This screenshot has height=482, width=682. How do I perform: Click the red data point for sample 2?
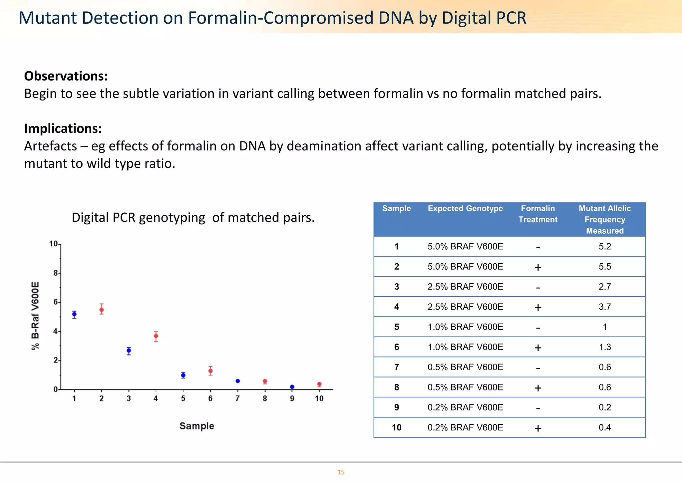click(102, 310)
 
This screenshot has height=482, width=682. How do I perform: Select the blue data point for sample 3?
click(129, 351)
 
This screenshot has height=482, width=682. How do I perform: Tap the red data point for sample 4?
click(156, 336)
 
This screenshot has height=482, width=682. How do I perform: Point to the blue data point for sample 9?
click(292, 387)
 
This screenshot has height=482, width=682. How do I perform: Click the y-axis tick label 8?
click(55, 273)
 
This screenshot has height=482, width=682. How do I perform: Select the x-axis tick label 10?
click(319, 398)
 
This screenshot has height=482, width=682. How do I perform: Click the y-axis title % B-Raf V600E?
click(35, 316)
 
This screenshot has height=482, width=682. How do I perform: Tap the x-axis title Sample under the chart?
click(196, 426)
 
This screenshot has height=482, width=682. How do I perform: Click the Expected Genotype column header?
click(465, 208)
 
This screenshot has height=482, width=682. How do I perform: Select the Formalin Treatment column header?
click(538, 214)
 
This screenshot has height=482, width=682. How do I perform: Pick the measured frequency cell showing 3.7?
click(605, 307)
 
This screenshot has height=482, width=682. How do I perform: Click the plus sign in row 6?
click(538, 348)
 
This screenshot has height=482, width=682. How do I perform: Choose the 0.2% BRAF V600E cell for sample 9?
click(465, 407)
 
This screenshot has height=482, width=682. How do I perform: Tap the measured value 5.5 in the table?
click(605, 266)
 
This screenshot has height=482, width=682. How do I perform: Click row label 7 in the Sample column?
click(396, 367)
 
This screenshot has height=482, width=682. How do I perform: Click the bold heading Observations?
click(66, 76)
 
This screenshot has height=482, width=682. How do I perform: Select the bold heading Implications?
click(63, 128)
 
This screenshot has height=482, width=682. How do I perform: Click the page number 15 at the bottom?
click(341, 472)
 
